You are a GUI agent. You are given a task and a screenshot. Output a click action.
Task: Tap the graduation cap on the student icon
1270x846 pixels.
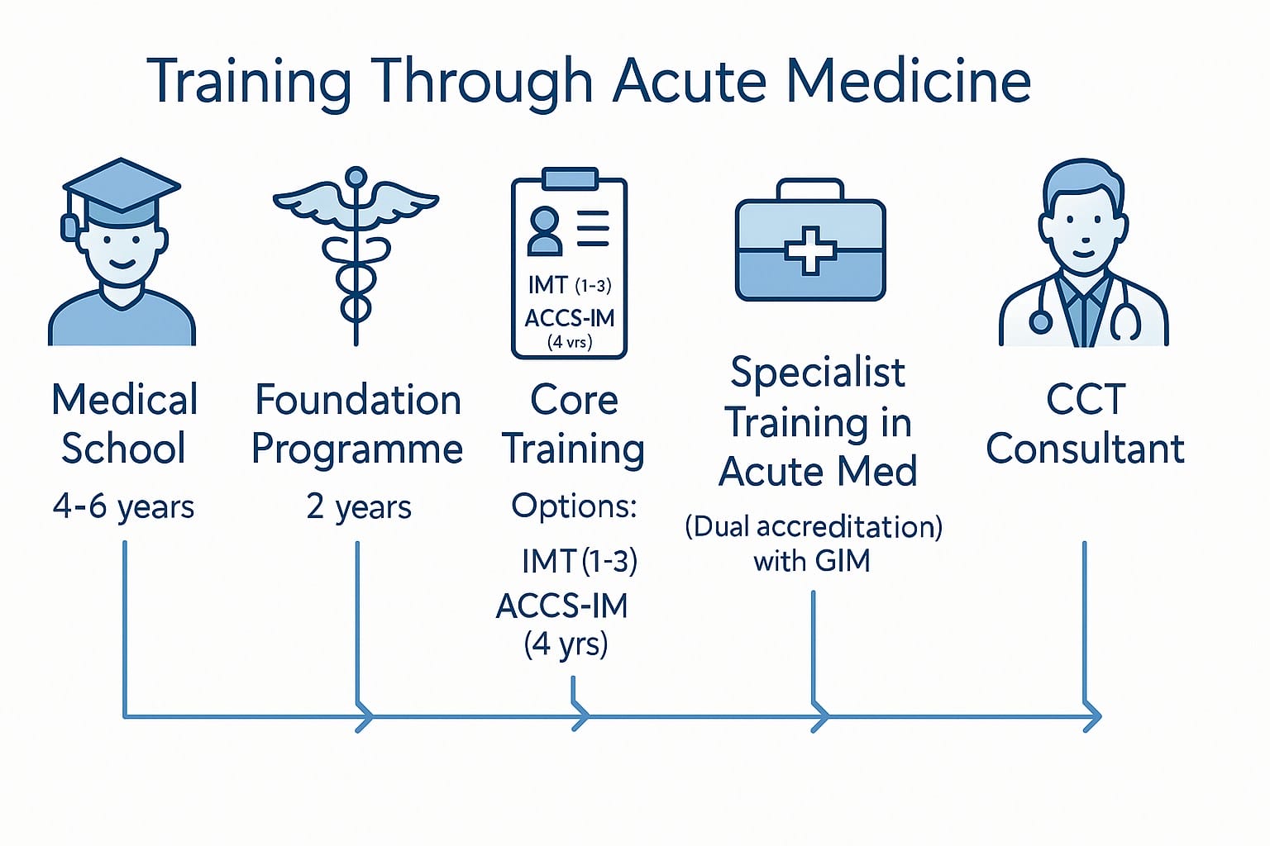[x=122, y=188]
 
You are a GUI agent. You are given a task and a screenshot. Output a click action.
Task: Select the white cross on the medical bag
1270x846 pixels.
[x=810, y=250]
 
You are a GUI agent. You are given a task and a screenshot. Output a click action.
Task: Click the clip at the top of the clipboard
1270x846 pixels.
[x=570, y=178]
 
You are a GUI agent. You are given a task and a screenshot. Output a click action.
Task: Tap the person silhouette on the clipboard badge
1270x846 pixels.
[x=545, y=231]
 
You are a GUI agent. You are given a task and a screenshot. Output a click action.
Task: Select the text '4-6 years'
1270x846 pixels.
[x=123, y=506]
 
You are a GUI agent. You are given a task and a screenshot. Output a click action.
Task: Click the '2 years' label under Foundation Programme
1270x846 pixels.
[x=358, y=506]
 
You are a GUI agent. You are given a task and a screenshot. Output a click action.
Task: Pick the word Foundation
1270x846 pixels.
[x=357, y=400]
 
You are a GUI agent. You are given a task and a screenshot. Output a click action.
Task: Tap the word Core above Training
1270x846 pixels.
[x=574, y=400]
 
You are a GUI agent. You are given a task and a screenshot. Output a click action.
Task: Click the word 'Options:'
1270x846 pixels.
[x=574, y=505]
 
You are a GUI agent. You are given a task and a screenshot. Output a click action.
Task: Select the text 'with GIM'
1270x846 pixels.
[x=812, y=561]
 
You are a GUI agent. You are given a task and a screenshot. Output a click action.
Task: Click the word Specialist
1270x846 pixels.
[x=818, y=373]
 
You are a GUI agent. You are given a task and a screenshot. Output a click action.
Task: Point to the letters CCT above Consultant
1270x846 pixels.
[x=1086, y=400]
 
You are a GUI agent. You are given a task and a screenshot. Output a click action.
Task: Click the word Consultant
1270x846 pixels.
[x=1085, y=449]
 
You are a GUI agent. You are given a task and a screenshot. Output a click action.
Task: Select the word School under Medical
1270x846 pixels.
[x=123, y=449]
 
